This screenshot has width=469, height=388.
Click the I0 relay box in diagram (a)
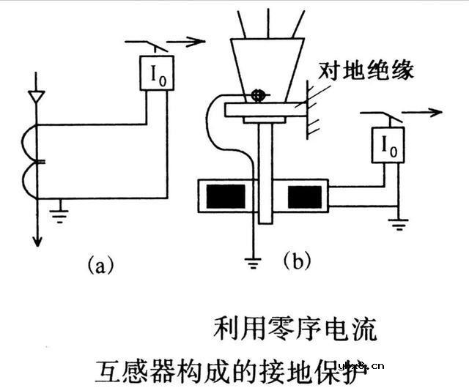tap(158, 73)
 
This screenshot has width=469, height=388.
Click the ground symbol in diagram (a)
tap(60, 214)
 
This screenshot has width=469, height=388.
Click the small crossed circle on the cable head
tap(257, 94)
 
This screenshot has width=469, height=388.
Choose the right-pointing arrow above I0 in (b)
tap(425, 113)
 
